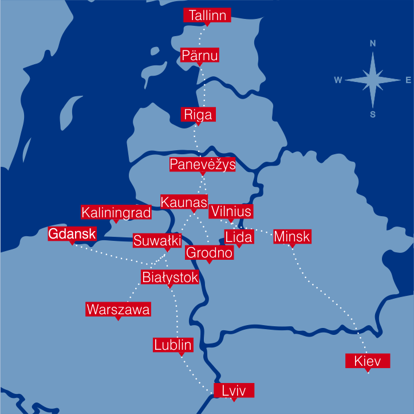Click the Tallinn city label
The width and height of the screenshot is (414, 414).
pos(207,15)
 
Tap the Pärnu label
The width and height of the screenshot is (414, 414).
pos(199,55)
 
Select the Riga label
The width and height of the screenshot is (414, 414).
pos(198,114)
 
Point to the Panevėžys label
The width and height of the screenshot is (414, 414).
pos(203,165)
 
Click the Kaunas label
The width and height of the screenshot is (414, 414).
pos(184,202)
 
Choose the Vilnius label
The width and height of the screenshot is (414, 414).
pos(231,211)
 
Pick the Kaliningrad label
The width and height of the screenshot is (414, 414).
pos(116,213)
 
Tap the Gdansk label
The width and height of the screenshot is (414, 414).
pos(72,233)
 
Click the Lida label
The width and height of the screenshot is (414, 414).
pos(239,237)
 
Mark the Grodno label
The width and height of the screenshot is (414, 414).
pos(210,252)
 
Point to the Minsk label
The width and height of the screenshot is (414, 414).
pos(292,236)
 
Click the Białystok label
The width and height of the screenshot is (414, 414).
pos(170,278)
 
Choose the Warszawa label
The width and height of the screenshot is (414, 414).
pos(119,310)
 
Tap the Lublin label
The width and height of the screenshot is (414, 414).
pos(173,345)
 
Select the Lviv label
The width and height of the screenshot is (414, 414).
pos(233,391)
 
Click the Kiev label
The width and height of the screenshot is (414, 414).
pos(368,361)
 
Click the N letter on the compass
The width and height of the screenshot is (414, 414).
pos(373,44)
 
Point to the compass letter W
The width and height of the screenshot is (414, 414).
pos(338,80)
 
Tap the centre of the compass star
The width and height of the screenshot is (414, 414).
pos(373,80)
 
